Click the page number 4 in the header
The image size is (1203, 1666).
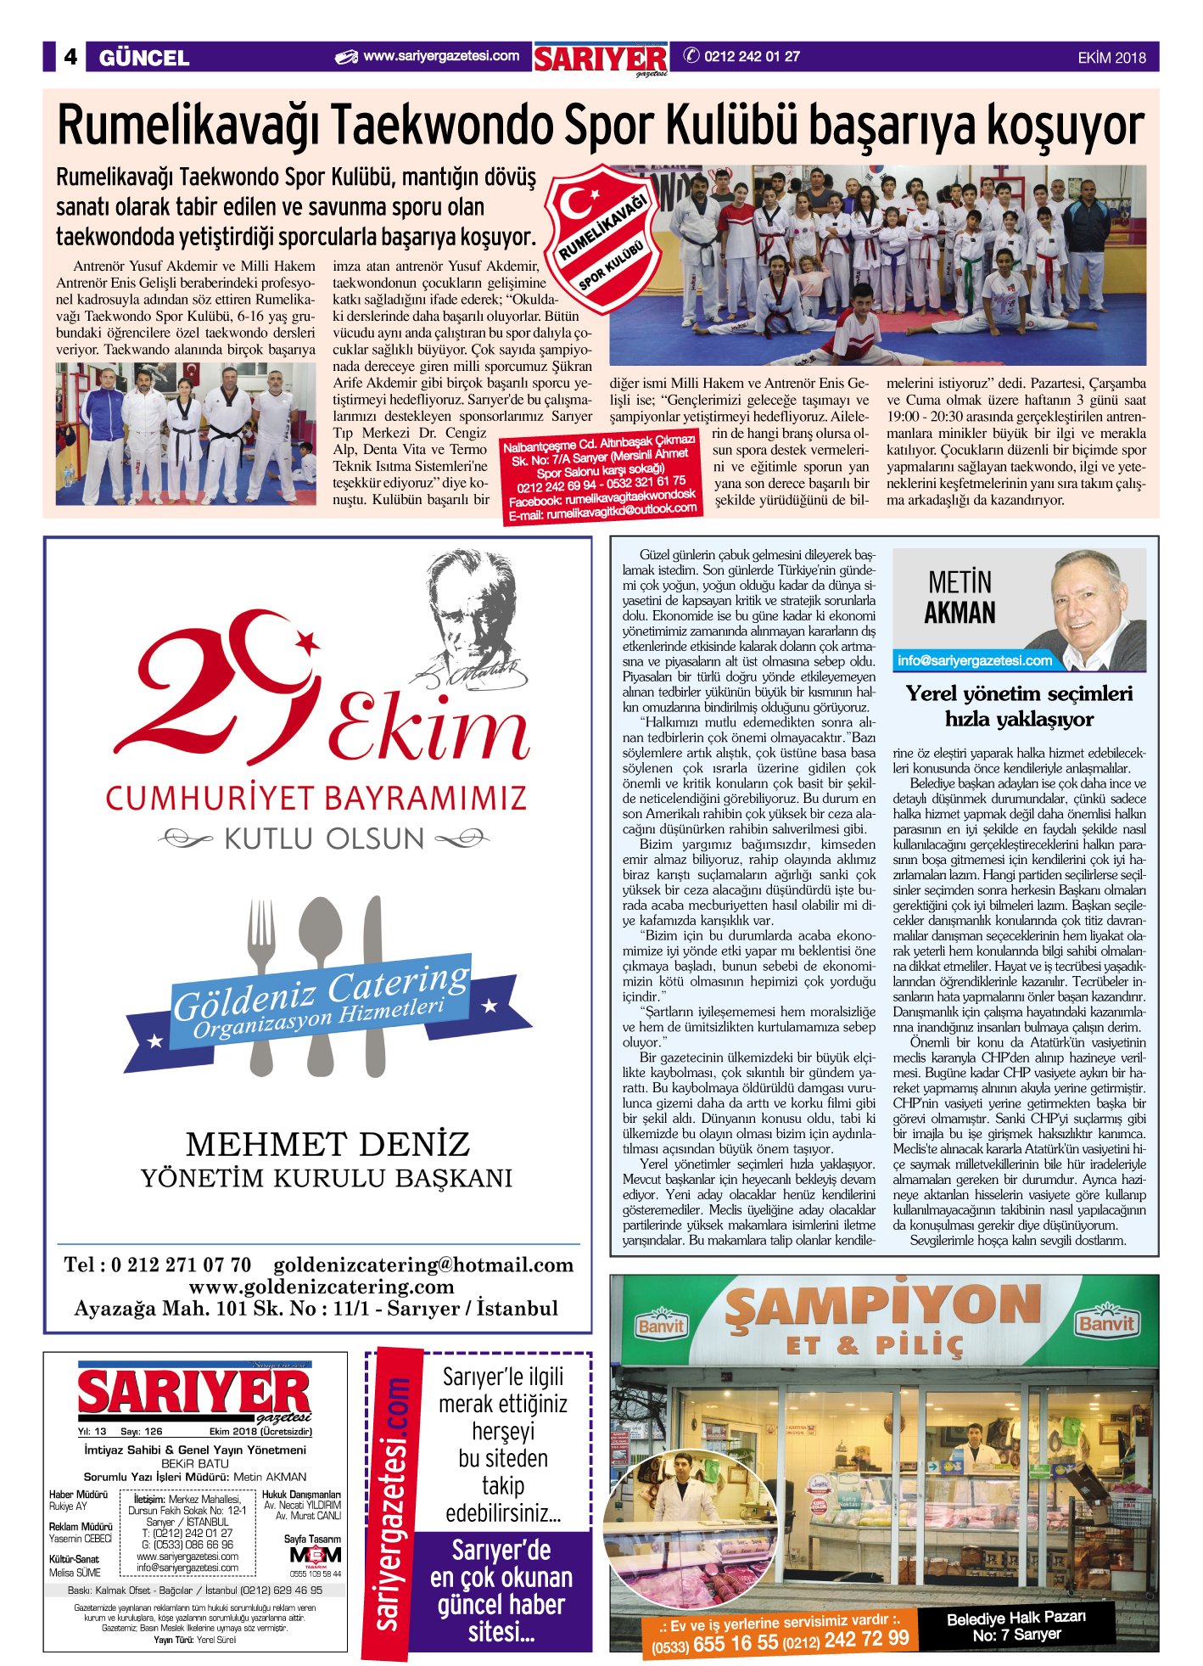coord(70,57)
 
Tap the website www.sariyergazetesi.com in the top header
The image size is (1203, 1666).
coord(440,57)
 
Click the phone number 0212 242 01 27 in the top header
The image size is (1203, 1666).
coord(752,57)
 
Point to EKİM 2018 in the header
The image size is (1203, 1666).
coord(1111,58)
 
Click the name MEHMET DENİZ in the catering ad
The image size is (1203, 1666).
coord(327,1144)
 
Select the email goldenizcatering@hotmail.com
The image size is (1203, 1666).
coord(423,1265)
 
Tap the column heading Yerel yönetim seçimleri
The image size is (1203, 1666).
coord(1019,693)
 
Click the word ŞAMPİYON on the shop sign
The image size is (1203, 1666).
coord(883,1308)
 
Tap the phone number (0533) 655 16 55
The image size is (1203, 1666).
coord(713,1643)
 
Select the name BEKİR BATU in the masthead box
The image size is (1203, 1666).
coord(195,1463)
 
